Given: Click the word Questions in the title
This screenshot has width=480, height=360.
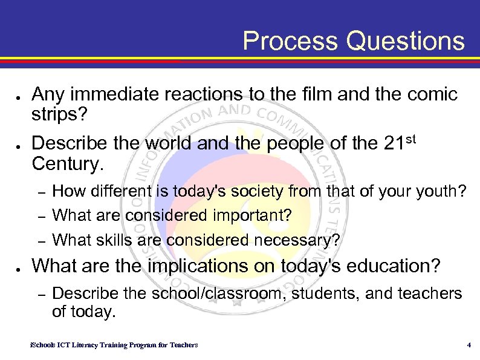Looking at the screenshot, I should [406, 41].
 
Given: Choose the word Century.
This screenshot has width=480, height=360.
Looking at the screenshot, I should [67, 163].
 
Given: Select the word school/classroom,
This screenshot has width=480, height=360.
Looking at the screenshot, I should [203, 293].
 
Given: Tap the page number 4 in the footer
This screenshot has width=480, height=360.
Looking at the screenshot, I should [469, 345].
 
